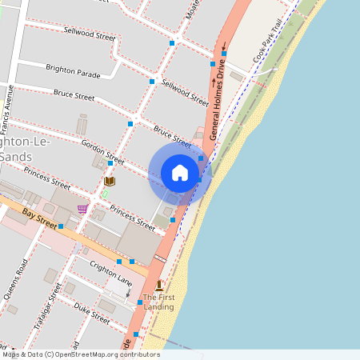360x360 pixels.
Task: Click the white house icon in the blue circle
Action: pyautogui.click(x=180, y=173)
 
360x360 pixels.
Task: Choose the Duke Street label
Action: pyautogui.click(x=91, y=310)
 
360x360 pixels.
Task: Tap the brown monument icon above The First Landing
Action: pyautogui.click(x=159, y=286)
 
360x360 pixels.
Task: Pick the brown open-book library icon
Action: pyautogui.click(x=109, y=182)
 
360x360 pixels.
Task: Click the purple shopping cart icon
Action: pyautogui.click(x=82, y=208)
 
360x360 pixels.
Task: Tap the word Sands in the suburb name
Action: pyautogui.click(x=18, y=157)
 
